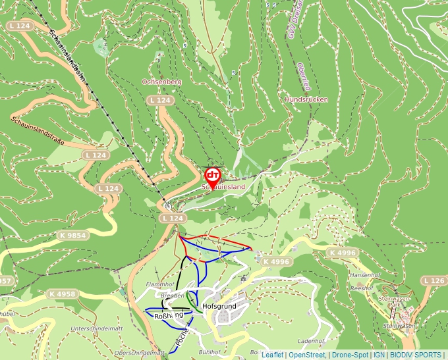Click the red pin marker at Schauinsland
[x=212, y=176]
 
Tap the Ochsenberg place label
[x=161, y=82]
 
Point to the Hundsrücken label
[x=306, y=99]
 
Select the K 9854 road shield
[x=72, y=235]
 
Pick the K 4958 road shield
[x=63, y=294]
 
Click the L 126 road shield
[x=435, y=281]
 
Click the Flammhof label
[x=159, y=285]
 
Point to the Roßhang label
[x=168, y=317]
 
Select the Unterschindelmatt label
[x=98, y=328]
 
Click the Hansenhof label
[x=366, y=274]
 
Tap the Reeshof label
[x=362, y=288]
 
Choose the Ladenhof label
[x=312, y=342]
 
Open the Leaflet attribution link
[x=272, y=355]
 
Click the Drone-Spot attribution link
[x=350, y=355]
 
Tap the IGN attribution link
[x=379, y=355]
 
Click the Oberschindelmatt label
[x=139, y=352]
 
